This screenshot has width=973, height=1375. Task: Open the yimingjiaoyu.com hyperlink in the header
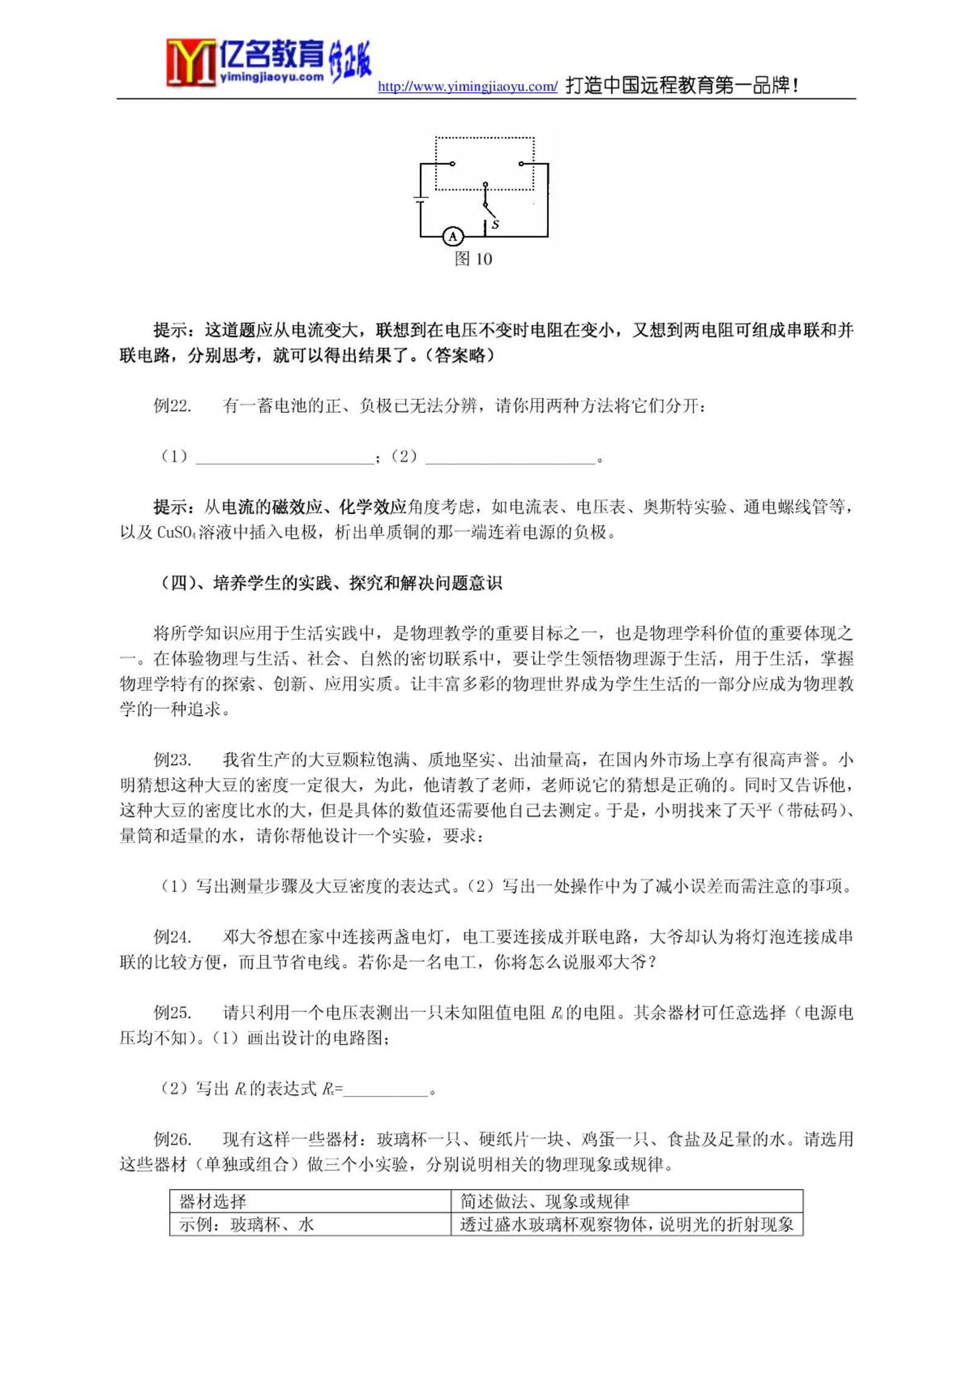click(468, 87)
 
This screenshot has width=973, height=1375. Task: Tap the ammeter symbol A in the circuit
click(453, 236)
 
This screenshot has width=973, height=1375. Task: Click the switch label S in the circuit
click(496, 225)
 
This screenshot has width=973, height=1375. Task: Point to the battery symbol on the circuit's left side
click(421, 199)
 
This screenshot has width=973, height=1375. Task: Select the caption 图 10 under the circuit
click(473, 259)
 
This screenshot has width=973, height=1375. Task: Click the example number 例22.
click(172, 406)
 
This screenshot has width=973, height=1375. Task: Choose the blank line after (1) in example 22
click(284, 458)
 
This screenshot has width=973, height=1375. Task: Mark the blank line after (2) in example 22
click(510, 458)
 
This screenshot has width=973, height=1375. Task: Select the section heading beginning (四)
click(331, 583)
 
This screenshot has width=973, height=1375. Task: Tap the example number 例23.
click(172, 760)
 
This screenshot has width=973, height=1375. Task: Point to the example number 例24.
click(172, 937)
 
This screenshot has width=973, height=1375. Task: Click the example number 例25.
click(172, 1013)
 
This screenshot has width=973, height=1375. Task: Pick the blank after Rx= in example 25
click(386, 1090)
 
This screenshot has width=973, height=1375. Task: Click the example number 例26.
click(172, 1139)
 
